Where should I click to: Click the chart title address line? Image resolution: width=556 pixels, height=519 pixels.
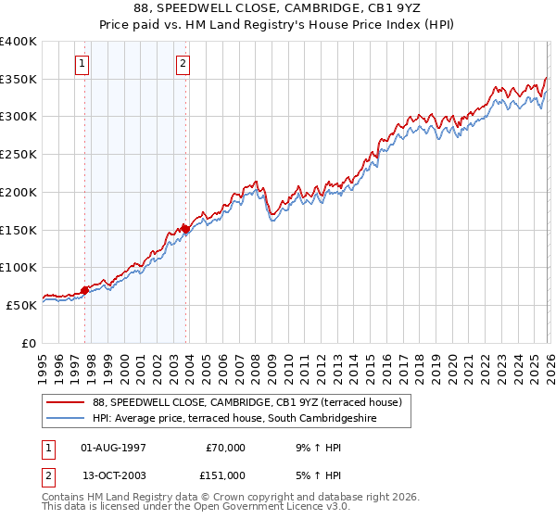click(277, 9)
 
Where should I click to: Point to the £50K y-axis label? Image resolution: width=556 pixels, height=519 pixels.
click(21, 304)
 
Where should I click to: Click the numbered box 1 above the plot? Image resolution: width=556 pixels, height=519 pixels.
click(83, 64)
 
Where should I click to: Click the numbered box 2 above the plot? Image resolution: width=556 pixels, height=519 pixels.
click(183, 64)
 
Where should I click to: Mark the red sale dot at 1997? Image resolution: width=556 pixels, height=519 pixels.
click(84, 290)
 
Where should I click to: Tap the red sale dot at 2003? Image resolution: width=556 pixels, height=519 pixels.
click(185, 228)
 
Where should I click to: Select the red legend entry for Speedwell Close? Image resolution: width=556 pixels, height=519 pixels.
click(246, 402)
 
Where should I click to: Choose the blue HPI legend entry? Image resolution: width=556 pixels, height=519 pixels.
click(250, 419)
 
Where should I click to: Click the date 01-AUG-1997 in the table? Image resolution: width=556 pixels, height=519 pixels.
click(113, 448)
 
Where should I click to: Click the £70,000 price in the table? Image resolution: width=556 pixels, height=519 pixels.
click(224, 448)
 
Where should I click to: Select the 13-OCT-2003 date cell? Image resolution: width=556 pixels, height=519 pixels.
click(113, 475)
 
